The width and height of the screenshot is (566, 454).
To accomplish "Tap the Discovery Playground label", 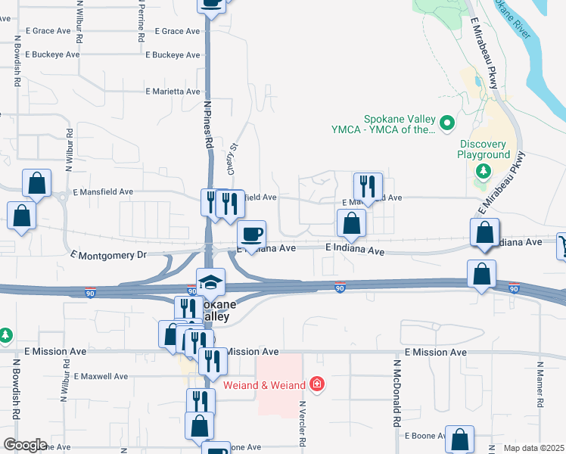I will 484,149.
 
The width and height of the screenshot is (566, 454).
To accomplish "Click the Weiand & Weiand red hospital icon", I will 316,384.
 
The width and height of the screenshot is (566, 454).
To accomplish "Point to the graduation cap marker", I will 211,283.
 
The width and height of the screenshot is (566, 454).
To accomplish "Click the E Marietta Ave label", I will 173,92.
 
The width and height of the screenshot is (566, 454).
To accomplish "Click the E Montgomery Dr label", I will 106,256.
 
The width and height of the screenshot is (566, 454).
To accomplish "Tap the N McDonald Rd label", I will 396,394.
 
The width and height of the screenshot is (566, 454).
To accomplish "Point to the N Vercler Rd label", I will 302,426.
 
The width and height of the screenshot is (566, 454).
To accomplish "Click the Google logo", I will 25,445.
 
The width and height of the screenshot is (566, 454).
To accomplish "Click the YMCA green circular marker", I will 447,121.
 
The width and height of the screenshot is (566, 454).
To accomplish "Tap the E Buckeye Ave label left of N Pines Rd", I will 53,54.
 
